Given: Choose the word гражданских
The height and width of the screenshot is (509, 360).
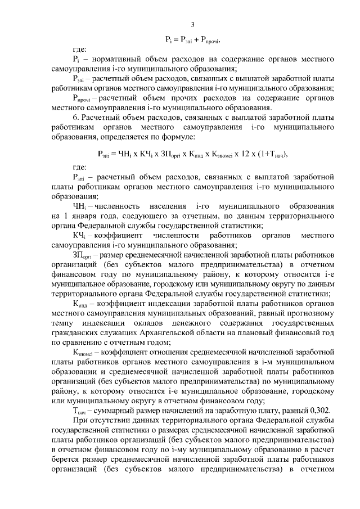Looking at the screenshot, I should pyautogui.click(x=74, y=332).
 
